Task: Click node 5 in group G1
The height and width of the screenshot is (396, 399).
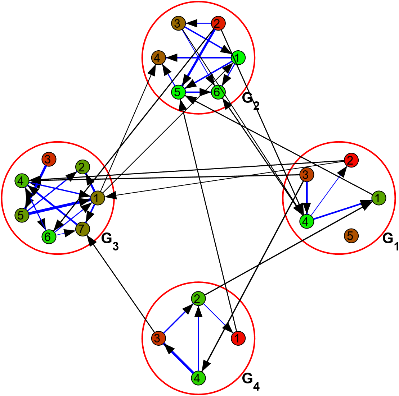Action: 350,236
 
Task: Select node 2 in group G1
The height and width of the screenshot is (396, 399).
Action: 350,160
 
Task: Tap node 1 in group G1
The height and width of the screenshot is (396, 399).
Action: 378,198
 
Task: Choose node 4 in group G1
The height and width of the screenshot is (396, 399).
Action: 306,221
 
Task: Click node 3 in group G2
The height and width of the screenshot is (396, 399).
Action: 178,24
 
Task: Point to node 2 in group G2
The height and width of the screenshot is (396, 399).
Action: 218,24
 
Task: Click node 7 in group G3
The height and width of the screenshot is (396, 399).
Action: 82,229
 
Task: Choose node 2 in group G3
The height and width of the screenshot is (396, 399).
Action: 82,167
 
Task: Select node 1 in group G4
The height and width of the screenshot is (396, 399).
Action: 238,338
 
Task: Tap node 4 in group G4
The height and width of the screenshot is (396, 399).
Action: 198,378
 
